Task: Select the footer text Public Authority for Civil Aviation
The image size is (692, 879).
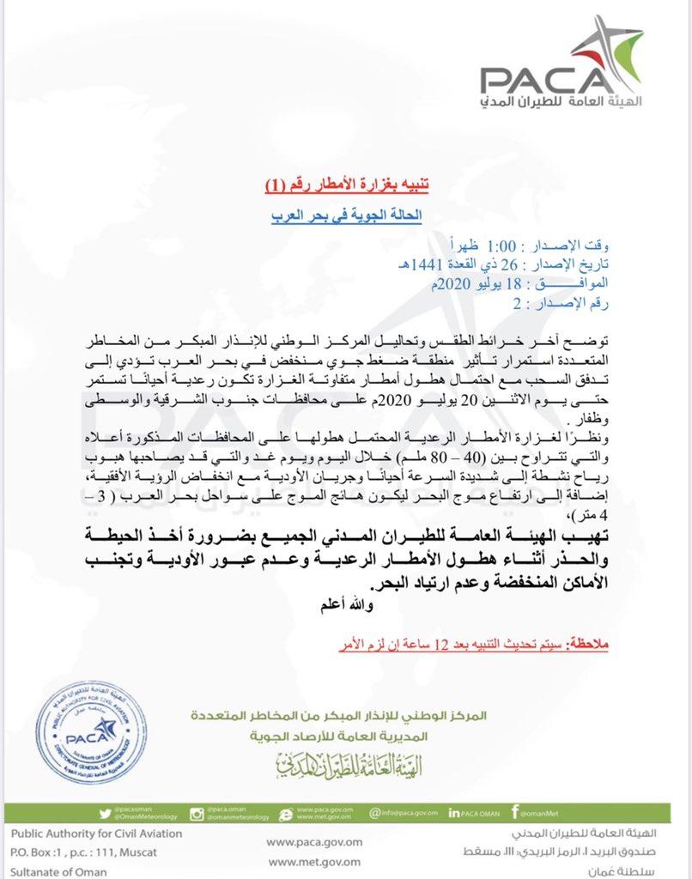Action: tap(85, 833)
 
